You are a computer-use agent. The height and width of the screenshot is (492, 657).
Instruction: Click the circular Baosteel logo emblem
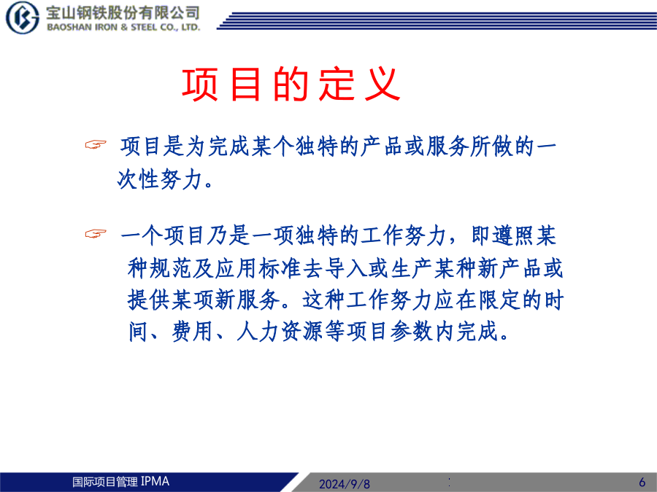22,17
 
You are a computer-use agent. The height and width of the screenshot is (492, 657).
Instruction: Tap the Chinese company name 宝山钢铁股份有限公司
123,12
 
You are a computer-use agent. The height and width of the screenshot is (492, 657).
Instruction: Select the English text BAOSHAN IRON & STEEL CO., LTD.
123,27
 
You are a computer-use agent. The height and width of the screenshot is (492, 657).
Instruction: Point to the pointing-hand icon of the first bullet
96,145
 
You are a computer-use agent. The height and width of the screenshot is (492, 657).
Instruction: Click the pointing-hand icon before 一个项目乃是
96,233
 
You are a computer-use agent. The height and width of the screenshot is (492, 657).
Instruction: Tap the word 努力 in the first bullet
182,179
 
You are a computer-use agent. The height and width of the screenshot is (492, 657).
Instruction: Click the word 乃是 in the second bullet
228,235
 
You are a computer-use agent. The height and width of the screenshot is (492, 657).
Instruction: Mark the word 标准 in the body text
280,268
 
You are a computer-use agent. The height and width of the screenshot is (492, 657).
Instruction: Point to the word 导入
346,268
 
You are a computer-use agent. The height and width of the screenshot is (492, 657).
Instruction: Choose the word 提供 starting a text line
149,300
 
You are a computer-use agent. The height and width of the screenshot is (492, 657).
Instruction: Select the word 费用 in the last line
193,332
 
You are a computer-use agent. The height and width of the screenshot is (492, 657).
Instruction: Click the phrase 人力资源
280,332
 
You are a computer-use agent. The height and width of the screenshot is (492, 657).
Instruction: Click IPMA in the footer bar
155,481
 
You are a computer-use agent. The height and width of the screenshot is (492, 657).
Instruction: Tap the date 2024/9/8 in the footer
345,484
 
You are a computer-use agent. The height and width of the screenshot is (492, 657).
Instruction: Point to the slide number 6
642,482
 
